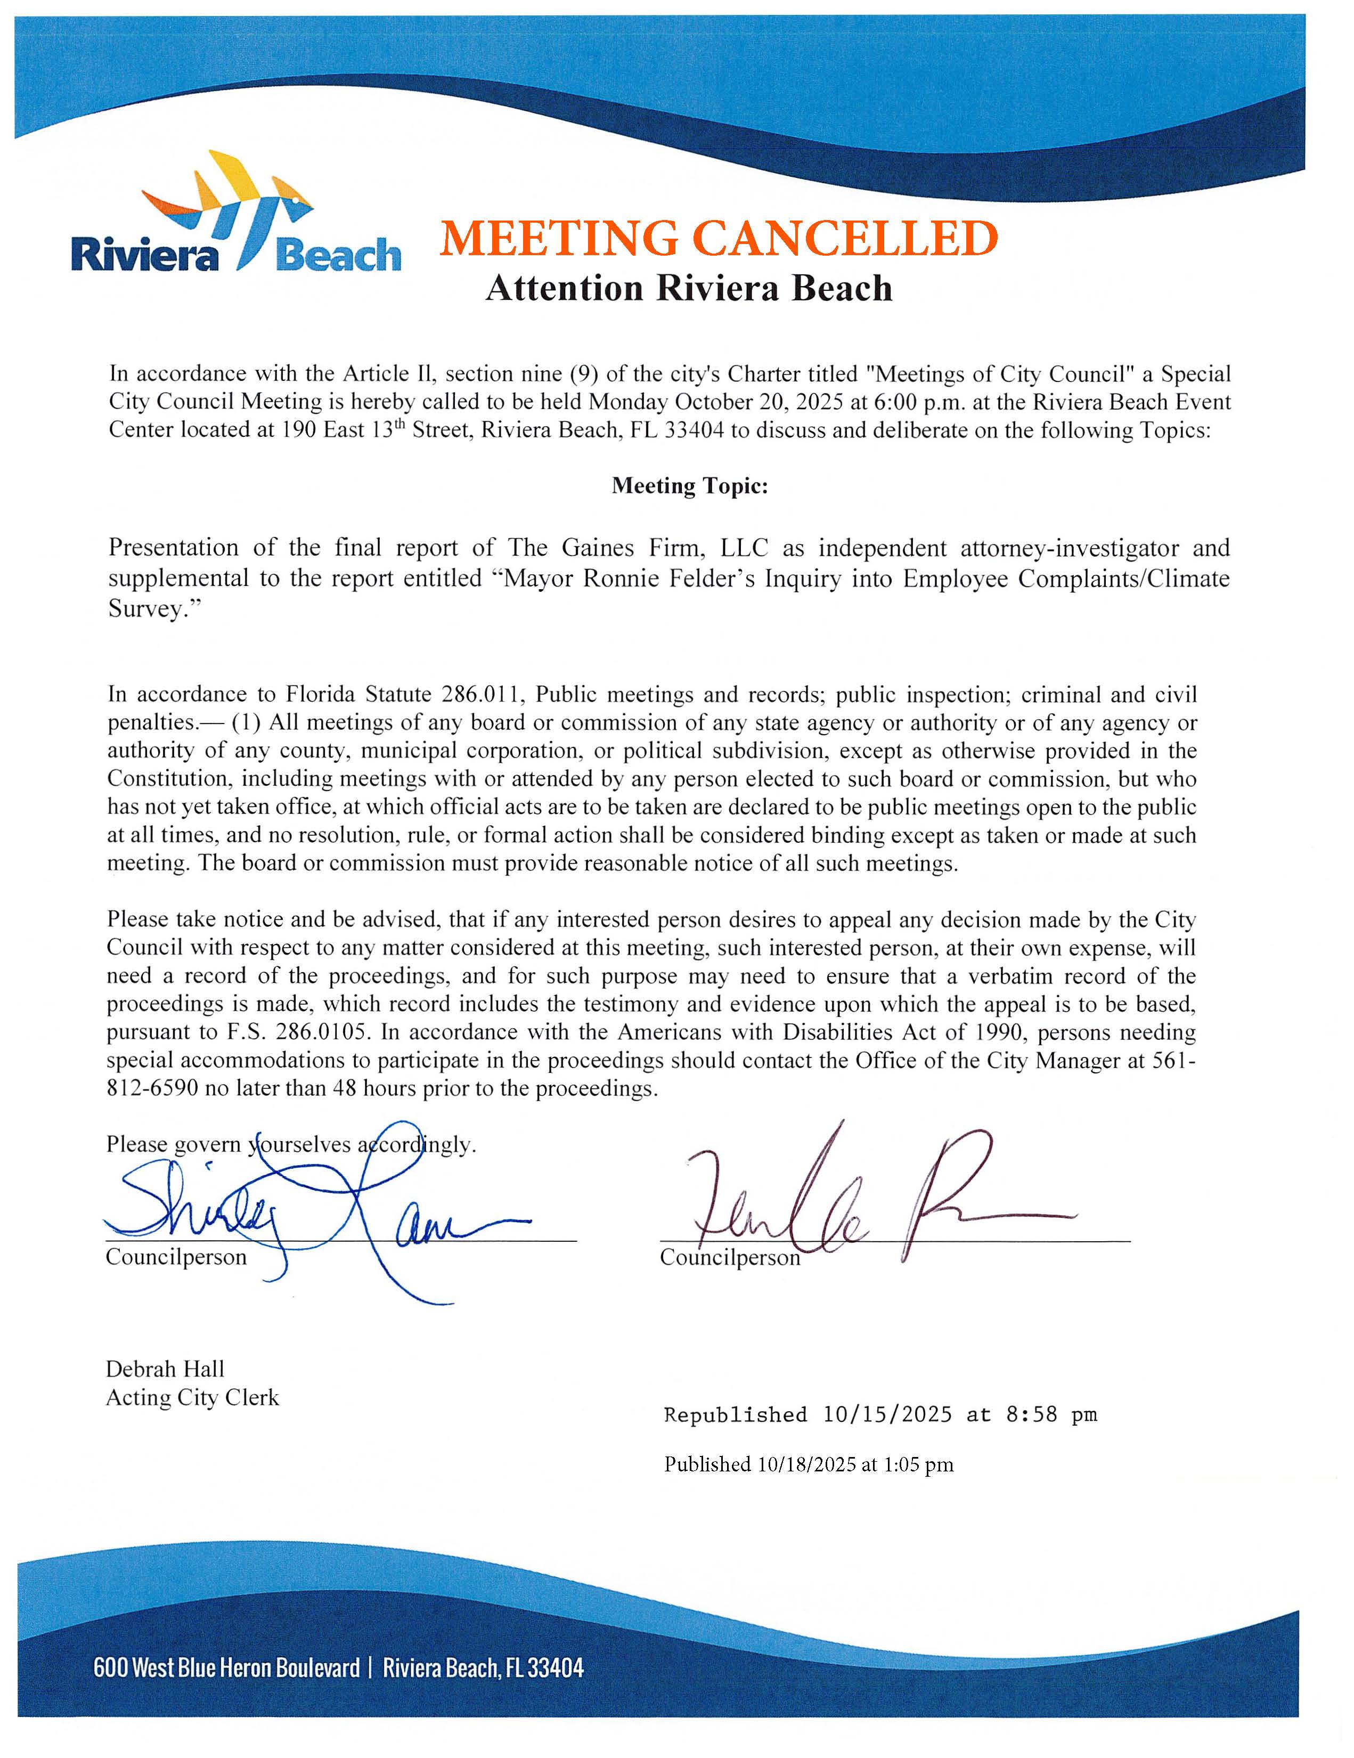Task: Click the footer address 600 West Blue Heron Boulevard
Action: click(x=226, y=1667)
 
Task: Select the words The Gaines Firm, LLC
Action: click(x=638, y=548)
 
